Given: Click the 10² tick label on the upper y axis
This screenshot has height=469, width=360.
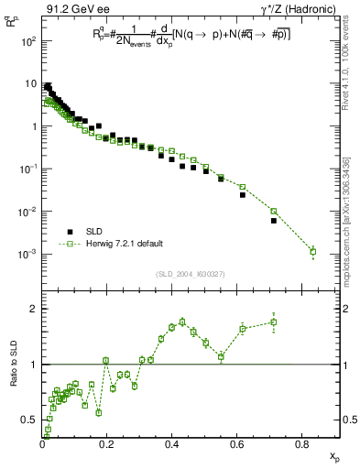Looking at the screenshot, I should [x=28, y=42].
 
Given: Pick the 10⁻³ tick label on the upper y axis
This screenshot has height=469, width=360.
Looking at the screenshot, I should [x=28, y=254].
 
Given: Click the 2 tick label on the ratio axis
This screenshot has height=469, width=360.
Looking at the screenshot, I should [x=34, y=310].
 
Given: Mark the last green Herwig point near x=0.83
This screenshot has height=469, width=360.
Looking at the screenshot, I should [x=313, y=251].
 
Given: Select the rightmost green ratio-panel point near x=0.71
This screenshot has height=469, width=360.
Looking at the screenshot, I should [x=274, y=322].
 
